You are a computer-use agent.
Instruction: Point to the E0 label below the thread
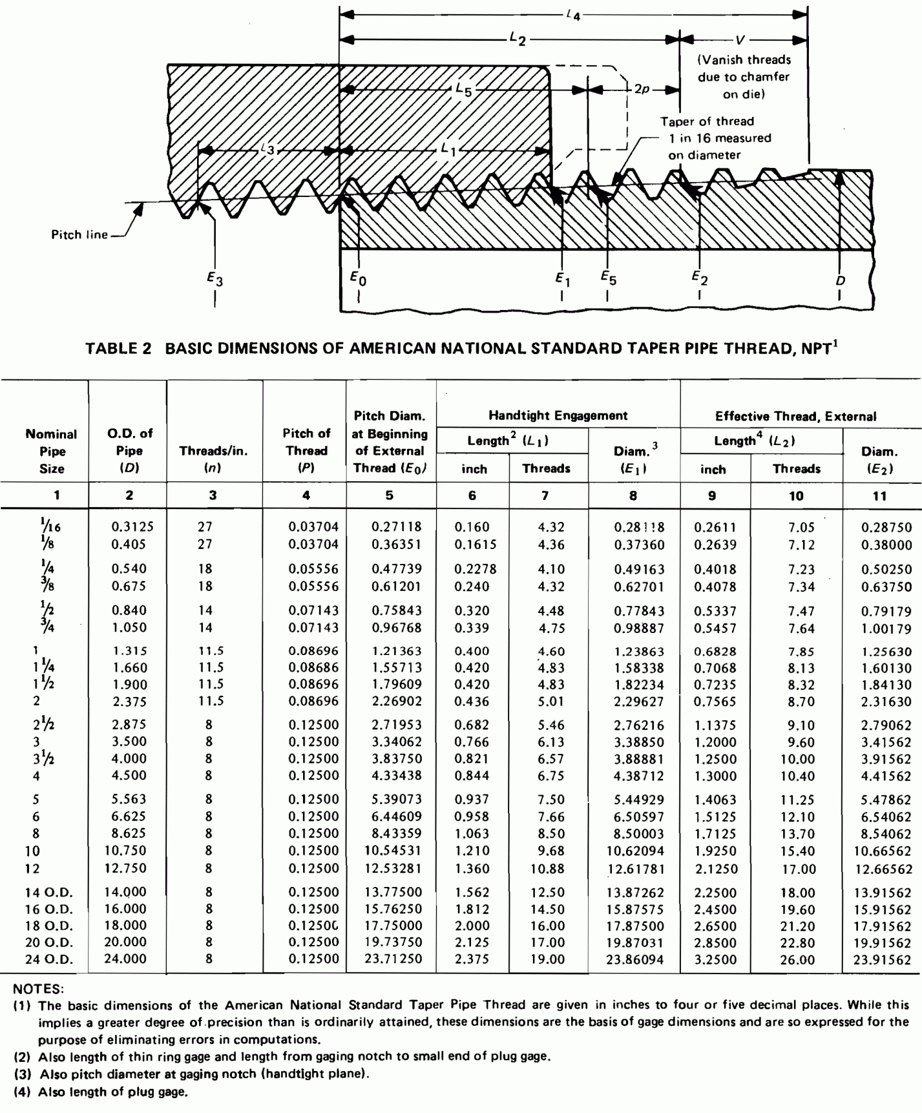(358, 278)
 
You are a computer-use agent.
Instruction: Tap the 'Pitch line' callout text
(79, 234)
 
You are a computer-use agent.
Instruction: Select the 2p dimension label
(641, 89)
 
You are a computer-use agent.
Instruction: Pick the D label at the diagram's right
(841, 280)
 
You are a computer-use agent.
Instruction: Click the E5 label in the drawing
(607, 278)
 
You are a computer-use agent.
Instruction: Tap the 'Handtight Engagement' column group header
(558, 415)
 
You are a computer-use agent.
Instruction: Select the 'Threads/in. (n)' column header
(213, 451)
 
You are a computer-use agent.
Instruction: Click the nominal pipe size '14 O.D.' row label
(49, 893)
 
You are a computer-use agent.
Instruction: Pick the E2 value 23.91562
(883, 960)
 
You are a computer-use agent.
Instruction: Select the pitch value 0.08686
(313, 668)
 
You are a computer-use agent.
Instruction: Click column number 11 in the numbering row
(879, 496)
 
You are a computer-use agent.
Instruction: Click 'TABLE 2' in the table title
(118, 349)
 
